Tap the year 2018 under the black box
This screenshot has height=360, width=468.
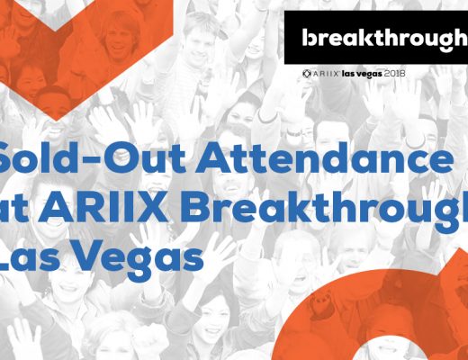[394, 74]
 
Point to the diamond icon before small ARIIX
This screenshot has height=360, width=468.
[307, 74]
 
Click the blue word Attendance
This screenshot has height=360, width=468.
[325, 157]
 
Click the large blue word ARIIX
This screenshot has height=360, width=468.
[103, 207]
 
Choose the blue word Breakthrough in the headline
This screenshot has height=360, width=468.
[324, 207]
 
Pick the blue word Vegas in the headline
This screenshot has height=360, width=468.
[135, 255]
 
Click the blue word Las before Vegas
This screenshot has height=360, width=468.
[28, 255]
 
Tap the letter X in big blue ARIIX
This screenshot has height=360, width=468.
[151, 207]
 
